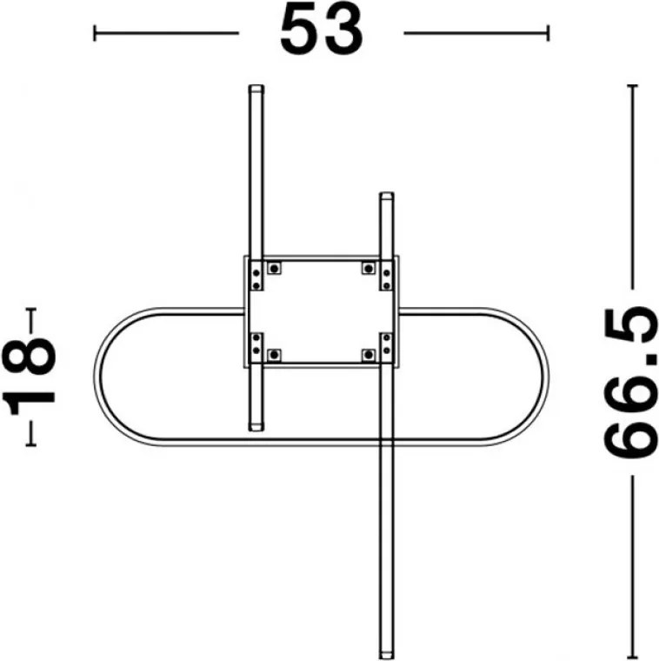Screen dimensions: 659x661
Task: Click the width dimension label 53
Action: tap(321, 30)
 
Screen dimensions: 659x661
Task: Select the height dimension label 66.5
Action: tap(631, 383)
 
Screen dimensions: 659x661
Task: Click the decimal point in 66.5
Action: tap(651, 358)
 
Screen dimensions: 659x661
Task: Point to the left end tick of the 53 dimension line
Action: tap(95, 33)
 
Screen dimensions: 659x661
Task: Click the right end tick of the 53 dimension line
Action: tap(548, 33)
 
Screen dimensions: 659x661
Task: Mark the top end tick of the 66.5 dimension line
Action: tap(632, 85)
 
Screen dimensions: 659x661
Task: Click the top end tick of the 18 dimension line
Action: tap(30, 309)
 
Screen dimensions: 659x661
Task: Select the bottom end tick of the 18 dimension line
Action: tap(30, 444)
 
